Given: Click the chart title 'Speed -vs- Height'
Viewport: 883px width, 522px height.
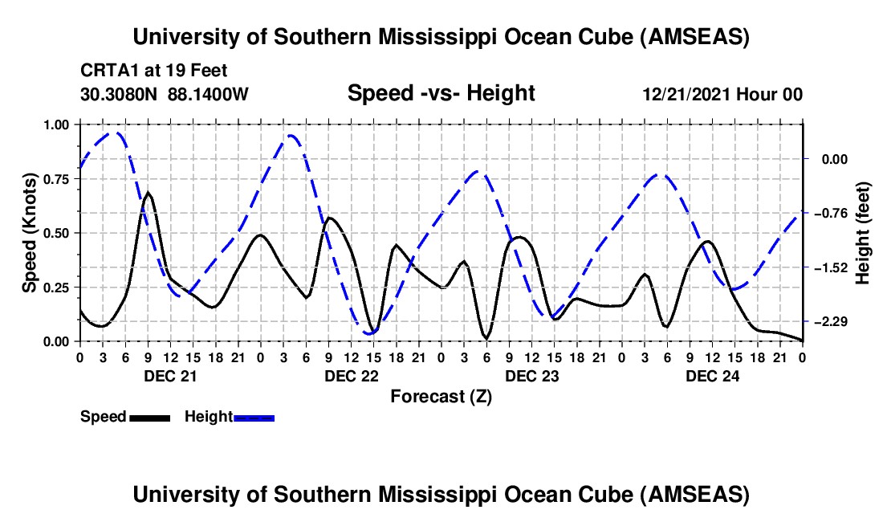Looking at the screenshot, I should click(x=441, y=94).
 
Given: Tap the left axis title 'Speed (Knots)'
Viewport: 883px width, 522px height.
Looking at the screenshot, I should click(x=30, y=233).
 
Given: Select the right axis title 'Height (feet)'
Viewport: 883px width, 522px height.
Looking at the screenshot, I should click(x=863, y=234).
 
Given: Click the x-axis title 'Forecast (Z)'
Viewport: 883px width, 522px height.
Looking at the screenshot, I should click(x=441, y=396).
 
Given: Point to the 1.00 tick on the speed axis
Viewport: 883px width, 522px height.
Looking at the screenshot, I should click(x=57, y=124).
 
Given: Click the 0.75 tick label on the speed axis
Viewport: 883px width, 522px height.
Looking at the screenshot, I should click(x=57, y=179).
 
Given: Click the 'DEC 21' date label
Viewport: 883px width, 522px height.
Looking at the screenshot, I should click(x=169, y=375).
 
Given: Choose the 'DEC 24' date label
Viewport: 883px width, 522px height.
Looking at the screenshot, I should click(x=711, y=375).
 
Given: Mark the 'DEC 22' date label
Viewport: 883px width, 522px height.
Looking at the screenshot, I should click(x=350, y=375).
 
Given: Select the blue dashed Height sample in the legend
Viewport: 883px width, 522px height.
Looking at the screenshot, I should click(x=254, y=417).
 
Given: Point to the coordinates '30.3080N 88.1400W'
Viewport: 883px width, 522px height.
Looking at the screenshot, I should click(x=165, y=94).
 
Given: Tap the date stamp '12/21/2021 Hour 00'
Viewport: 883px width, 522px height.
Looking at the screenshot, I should click(x=722, y=94).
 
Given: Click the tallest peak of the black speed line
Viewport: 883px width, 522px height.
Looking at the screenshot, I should click(x=149, y=193).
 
